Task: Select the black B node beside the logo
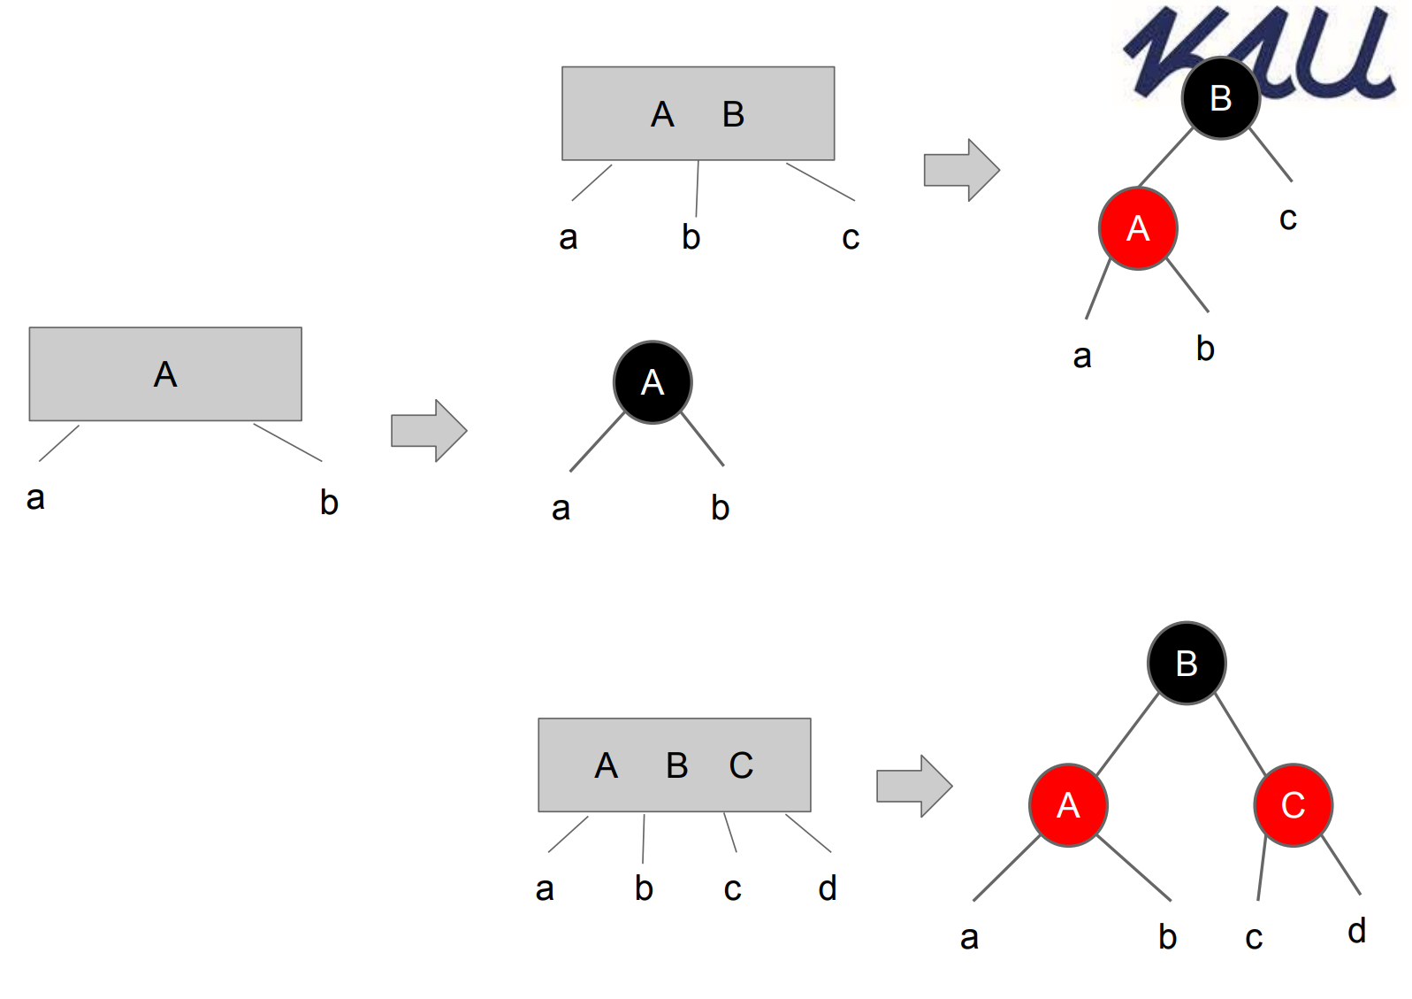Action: tap(1220, 98)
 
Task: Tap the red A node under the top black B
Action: tap(1138, 228)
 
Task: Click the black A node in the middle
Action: tap(653, 382)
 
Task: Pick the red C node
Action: tap(1293, 805)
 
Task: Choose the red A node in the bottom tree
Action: tap(1068, 805)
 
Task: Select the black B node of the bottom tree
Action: tap(1187, 664)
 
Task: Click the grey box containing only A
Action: tap(165, 374)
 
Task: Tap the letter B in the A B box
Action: tap(733, 114)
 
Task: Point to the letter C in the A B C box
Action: tap(741, 765)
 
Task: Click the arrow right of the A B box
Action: tap(961, 170)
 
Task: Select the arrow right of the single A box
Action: tap(429, 431)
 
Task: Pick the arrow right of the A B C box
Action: tap(913, 786)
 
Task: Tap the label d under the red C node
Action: tap(1356, 931)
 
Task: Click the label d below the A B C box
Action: tap(828, 888)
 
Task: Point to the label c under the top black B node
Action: tap(1288, 219)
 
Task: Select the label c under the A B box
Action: tap(851, 237)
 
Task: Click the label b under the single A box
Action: tap(329, 503)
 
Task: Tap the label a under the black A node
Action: tap(561, 509)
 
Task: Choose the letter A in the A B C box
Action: tap(606, 765)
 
